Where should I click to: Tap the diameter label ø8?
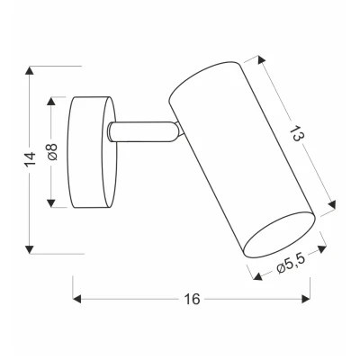[x=52, y=153]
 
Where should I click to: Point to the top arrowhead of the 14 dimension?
[x=31, y=68]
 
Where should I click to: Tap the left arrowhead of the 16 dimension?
[x=75, y=298]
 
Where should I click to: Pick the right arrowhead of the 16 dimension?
[x=308, y=298]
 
